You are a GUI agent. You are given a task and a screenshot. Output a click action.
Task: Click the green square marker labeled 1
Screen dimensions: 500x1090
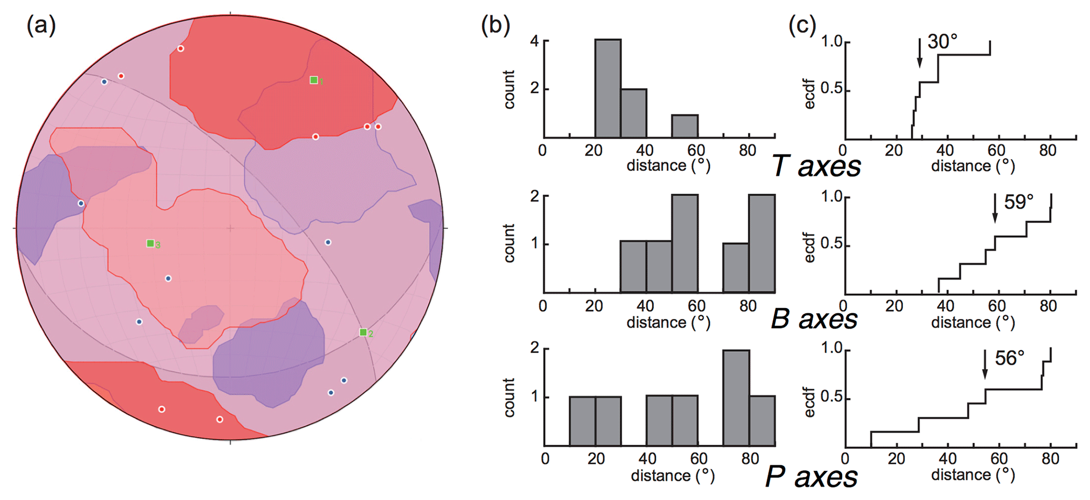[314, 80]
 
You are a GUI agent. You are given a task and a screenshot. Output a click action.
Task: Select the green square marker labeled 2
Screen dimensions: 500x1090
[363, 332]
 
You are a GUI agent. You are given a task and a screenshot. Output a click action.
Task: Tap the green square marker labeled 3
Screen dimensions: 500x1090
[150, 244]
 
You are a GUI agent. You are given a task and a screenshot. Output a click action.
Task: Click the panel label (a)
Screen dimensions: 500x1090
[41, 25]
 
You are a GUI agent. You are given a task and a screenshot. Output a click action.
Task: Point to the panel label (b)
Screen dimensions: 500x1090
[496, 25]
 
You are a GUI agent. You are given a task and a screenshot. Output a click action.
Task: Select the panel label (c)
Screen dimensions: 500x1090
[802, 25]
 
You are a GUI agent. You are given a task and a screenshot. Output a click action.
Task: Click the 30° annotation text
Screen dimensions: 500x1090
[942, 42]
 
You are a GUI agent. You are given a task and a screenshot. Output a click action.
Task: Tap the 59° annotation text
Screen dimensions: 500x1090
[1018, 202]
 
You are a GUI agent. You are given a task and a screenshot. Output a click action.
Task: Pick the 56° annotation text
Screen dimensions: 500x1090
[1009, 359]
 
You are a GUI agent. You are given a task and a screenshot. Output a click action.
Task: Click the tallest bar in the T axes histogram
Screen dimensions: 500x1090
[607, 89]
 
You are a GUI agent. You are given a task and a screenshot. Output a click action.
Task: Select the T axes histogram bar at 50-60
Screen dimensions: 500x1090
[684, 127]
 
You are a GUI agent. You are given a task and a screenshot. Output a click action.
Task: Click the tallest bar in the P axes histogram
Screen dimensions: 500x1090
[736, 398]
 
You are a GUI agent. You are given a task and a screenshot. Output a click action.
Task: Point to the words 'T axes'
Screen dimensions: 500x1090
[816, 166]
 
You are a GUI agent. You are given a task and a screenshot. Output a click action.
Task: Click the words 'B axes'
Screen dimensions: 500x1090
[814, 320]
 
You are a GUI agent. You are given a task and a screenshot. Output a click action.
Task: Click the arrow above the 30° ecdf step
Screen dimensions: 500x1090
[919, 53]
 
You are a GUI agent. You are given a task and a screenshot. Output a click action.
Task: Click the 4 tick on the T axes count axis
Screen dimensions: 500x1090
[534, 41]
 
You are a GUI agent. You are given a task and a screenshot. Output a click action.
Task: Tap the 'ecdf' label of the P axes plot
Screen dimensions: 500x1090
[810, 402]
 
